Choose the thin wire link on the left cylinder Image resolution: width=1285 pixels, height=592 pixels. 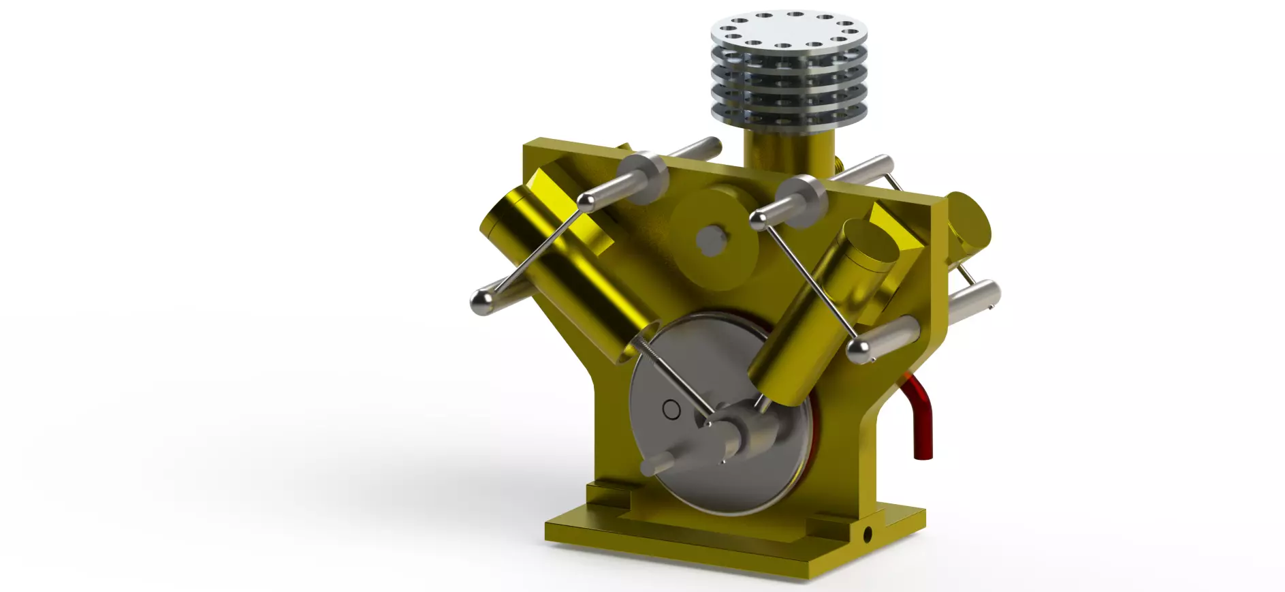click(538, 252)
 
